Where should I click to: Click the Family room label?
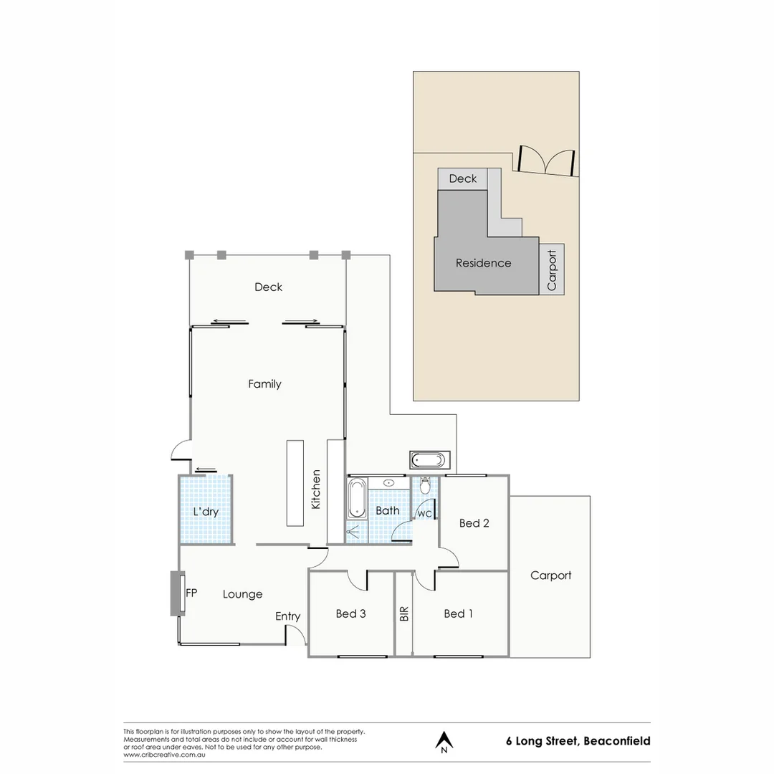(264, 384)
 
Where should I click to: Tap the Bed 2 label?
(474, 523)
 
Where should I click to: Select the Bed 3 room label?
(350, 613)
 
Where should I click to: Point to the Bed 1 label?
(459, 613)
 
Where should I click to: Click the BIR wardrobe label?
(403, 613)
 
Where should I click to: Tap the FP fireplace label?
(191, 593)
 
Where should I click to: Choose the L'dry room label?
(206, 512)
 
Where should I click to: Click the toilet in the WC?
(425, 487)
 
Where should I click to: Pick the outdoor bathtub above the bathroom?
(429, 459)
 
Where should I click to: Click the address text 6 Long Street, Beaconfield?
(578, 741)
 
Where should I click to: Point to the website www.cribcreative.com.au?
(166, 755)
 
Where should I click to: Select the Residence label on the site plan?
(483, 263)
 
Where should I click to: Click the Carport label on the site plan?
(551, 269)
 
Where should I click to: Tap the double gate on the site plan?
(546, 160)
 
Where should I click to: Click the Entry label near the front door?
(287, 616)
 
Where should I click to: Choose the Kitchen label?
(316, 489)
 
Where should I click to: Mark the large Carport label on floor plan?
(550, 575)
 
